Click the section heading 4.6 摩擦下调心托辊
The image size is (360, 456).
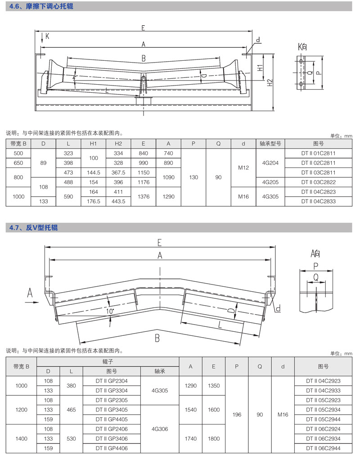[41, 7]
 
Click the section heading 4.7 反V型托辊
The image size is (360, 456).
[34, 228]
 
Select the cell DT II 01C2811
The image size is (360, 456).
[319, 154]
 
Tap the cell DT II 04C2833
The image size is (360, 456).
[319, 202]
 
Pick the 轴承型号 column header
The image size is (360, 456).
[270, 144]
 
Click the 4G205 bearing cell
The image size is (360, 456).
[270, 182]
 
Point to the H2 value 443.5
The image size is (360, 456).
[118, 202]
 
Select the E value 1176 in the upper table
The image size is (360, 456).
[144, 182]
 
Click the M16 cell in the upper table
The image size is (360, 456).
[243, 197]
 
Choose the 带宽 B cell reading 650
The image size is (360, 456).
[18, 163]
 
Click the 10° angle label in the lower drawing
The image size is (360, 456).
[110, 311]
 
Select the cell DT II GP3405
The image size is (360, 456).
[112, 410]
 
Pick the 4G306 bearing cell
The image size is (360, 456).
[161, 429]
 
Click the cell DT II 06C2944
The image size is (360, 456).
[323, 448]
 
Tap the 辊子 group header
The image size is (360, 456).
[108, 361]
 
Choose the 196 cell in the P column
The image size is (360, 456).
[237, 415]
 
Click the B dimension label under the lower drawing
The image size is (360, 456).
[157, 338]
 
